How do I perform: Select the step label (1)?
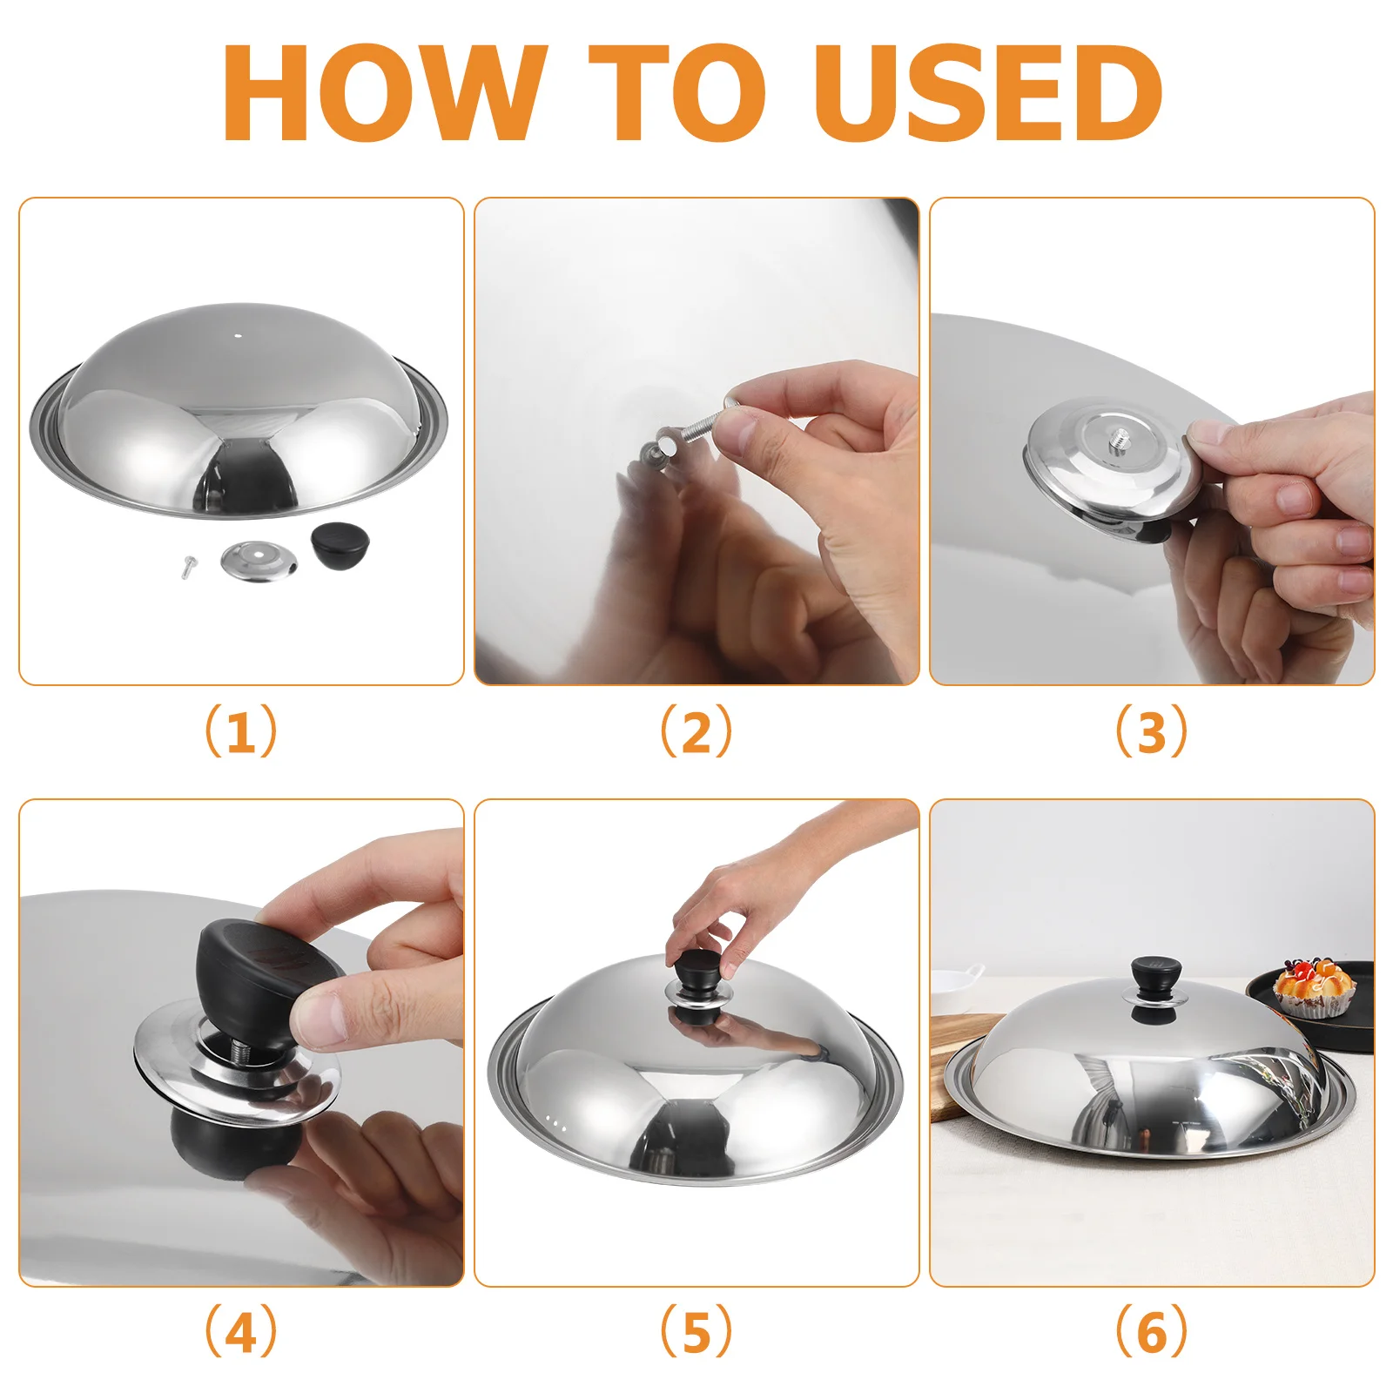pyautogui.click(x=241, y=730)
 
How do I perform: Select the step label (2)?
pyautogui.click(x=696, y=730)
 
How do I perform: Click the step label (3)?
pyautogui.click(x=1151, y=730)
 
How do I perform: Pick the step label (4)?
pyautogui.click(x=241, y=1331)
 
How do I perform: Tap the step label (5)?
pyautogui.click(x=696, y=1331)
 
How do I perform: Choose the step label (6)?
pyautogui.click(x=1151, y=1331)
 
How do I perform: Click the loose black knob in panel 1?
pyautogui.click(x=340, y=548)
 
